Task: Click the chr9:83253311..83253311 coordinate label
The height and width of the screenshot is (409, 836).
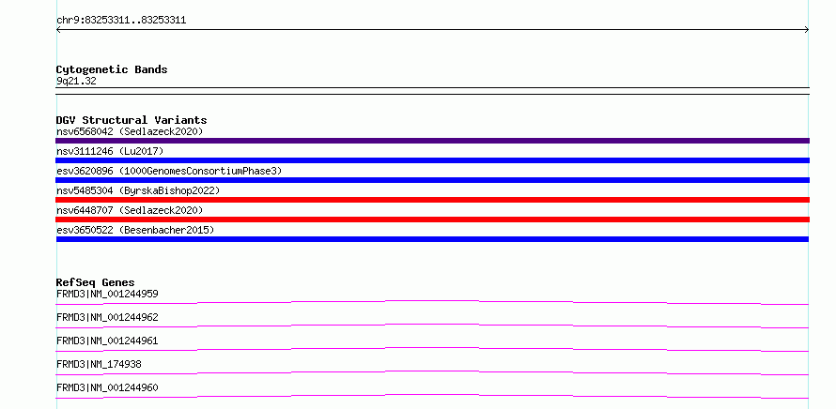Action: point(121,21)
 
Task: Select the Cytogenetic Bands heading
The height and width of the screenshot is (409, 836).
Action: point(112,69)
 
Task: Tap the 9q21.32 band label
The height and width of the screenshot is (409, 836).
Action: point(76,82)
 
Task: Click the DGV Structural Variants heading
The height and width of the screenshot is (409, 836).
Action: point(132,120)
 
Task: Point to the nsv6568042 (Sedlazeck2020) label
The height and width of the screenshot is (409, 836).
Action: point(130,131)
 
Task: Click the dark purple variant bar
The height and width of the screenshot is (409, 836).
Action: point(432,141)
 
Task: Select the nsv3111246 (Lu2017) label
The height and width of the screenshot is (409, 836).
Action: point(110,151)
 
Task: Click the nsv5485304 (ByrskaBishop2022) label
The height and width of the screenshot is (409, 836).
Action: point(138,190)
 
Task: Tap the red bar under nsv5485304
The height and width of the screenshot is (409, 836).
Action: point(432,200)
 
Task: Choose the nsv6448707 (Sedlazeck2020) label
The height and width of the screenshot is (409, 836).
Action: point(130,210)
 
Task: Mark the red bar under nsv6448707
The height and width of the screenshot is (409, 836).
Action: point(432,220)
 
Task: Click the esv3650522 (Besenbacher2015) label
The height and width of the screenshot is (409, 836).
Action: point(135,230)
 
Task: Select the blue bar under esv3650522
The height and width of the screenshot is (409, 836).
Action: point(432,239)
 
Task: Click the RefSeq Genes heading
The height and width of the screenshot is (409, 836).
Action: point(96,282)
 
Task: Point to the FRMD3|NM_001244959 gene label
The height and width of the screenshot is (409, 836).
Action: point(107,294)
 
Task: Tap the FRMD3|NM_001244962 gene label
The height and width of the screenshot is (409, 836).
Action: point(107,317)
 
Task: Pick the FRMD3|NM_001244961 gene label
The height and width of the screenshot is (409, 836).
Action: point(107,341)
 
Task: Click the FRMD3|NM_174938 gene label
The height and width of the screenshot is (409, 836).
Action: point(99,364)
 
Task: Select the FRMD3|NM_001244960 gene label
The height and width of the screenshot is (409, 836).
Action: point(107,387)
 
